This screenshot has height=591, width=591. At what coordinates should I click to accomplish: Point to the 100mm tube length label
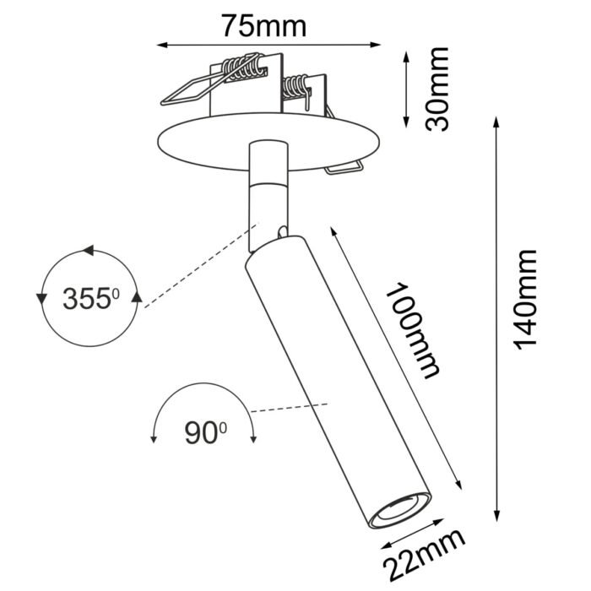click(412, 329)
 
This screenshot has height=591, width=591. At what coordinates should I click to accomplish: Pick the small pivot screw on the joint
click(279, 230)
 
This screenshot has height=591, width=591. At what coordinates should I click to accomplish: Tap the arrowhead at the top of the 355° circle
click(87, 251)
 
